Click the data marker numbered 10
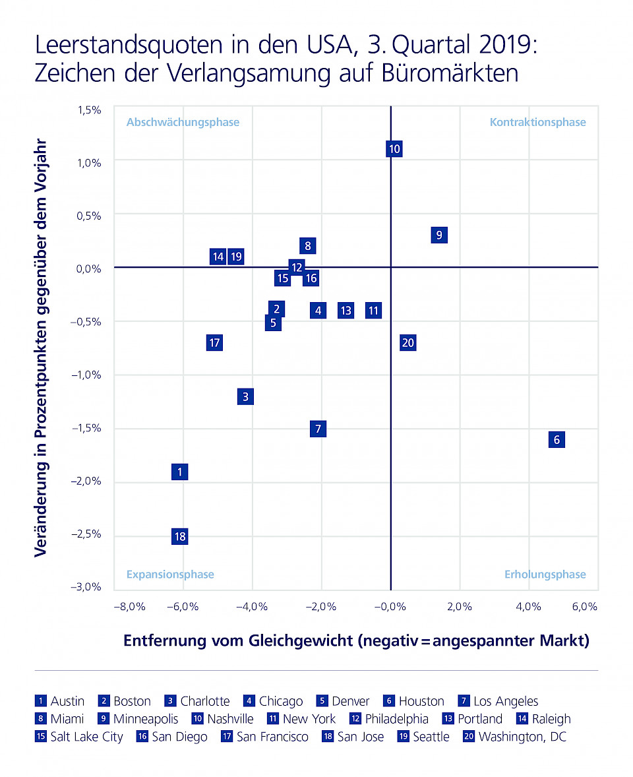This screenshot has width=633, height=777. pos(394,149)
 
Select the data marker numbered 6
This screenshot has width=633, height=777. pos(557,440)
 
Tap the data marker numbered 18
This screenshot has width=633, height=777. pos(179,536)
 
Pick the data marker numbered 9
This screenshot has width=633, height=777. pos(439,235)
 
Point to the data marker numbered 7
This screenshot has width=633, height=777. pos(318,429)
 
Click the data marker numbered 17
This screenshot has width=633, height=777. pos(214,343)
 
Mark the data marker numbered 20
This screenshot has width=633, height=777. pos(407,343)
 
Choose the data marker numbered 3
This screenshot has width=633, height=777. pos(245,396)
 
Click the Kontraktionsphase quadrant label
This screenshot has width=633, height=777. pos(537,122)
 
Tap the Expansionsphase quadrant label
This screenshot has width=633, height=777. pos(170,575)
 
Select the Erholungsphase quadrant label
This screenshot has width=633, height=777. pos(545,575)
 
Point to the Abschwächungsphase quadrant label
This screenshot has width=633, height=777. pos(183,122)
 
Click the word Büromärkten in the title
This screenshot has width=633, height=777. pos(450,73)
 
